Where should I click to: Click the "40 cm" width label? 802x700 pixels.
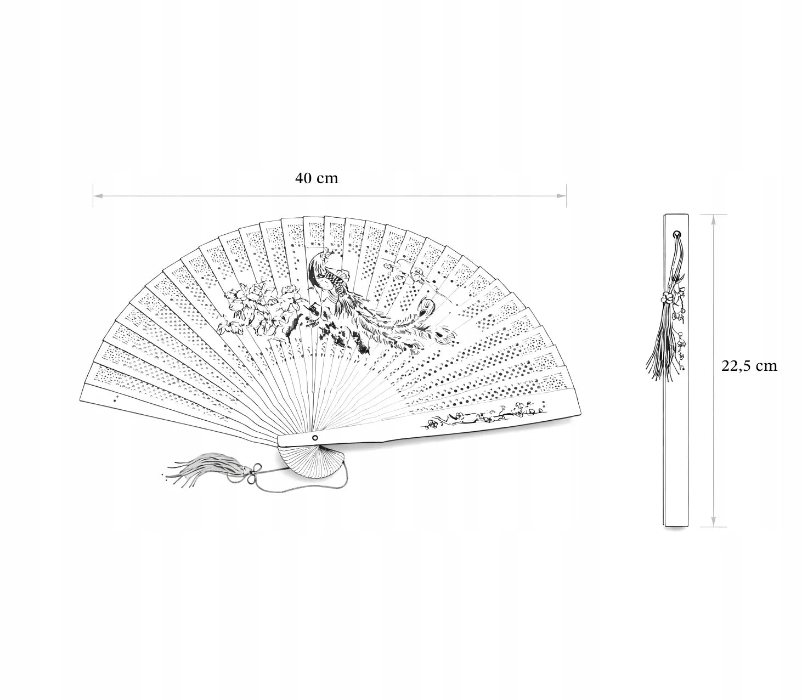[x=317, y=178]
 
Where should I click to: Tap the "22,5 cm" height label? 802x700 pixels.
[x=749, y=366]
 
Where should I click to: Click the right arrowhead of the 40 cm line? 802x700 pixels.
[x=561, y=195]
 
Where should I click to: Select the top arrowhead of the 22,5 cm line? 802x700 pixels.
[x=714, y=219]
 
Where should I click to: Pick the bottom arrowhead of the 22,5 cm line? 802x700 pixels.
[x=714, y=522]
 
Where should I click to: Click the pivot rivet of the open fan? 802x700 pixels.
[x=315, y=437]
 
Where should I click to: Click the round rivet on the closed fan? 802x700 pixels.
[x=676, y=235]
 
